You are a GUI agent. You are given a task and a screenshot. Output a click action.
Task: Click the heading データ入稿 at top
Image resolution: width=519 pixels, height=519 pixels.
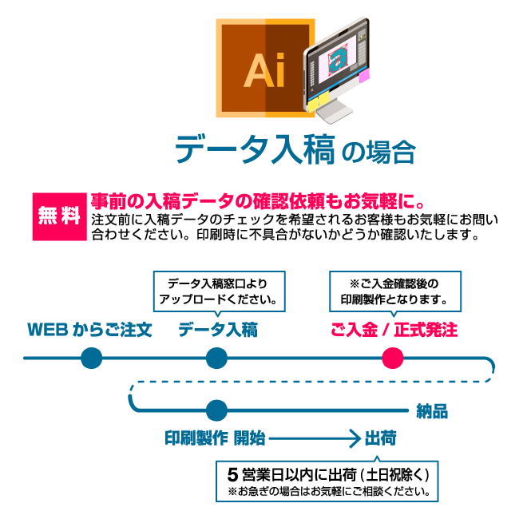pyautogui.click(x=254, y=149)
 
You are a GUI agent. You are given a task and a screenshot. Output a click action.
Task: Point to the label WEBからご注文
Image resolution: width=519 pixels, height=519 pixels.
pyautogui.click(x=89, y=329)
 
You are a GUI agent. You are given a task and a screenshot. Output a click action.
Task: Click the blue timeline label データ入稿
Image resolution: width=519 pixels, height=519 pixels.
pyautogui.click(x=217, y=329)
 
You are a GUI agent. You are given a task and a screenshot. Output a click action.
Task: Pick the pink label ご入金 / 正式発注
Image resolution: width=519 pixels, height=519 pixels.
pyautogui.click(x=394, y=329)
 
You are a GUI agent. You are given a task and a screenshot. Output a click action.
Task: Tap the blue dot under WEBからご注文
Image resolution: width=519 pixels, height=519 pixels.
pyautogui.click(x=92, y=358)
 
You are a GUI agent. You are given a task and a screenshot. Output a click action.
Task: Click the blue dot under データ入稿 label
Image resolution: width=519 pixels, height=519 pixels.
pyautogui.click(x=216, y=358)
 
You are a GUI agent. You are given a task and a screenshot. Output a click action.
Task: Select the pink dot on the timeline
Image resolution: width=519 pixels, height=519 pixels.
pyautogui.click(x=393, y=358)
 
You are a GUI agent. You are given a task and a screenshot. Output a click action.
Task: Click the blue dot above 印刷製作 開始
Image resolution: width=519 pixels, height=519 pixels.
pyautogui.click(x=216, y=410)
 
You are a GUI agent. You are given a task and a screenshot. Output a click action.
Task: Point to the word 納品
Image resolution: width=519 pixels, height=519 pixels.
pyautogui.click(x=432, y=412)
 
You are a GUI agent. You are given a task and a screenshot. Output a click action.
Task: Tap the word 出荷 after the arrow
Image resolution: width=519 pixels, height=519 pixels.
pyautogui.click(x=381, y=438)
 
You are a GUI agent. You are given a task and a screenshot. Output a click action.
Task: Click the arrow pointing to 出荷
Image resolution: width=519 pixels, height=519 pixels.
pyautogui.click(x=316, y=438)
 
